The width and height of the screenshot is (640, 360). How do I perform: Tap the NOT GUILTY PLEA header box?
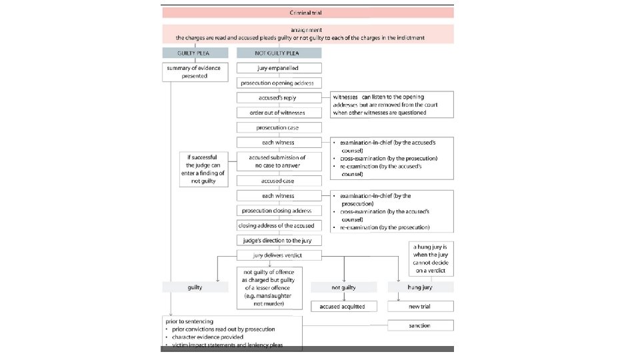coord(279,53)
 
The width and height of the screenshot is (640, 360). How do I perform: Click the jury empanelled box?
coord(279,68)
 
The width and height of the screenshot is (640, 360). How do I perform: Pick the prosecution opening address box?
coord(279,83)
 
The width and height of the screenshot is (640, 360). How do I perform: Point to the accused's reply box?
coord(279,97)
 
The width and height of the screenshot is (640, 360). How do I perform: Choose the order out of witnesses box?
coord(279,112)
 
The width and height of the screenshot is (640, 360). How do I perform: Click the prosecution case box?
coord(279,127)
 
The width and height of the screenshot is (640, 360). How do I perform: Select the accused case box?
coord(279,181)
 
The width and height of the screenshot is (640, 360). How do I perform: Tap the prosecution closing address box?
coord(279,211)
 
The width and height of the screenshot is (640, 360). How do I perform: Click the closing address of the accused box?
coord(279,225)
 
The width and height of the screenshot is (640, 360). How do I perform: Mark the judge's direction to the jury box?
coord(279,240)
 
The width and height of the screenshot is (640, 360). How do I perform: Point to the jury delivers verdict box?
coord(279,255)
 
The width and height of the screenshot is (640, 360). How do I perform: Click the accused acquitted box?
coord(343,306)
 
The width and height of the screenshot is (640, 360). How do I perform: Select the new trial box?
coord(420,306)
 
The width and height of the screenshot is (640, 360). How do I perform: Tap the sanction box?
coord(420,325)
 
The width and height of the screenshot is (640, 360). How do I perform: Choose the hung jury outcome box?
coord(420,287)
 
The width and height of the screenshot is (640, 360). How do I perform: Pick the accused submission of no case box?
coord(279,161)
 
